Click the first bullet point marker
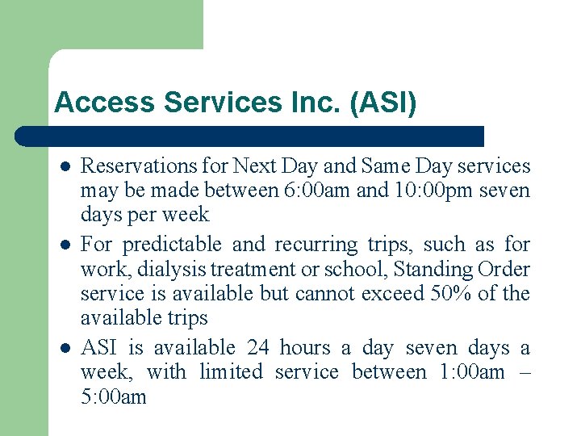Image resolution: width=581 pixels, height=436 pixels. [64, 166]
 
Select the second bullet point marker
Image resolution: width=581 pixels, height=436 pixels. [64, 245]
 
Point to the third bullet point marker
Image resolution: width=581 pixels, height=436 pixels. [64, 348]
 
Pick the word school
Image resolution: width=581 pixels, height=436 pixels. [359, 269]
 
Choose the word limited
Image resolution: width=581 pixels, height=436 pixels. [231, 372]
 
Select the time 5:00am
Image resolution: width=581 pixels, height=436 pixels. [114, 396]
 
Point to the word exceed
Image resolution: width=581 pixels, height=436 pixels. [370, 293]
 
